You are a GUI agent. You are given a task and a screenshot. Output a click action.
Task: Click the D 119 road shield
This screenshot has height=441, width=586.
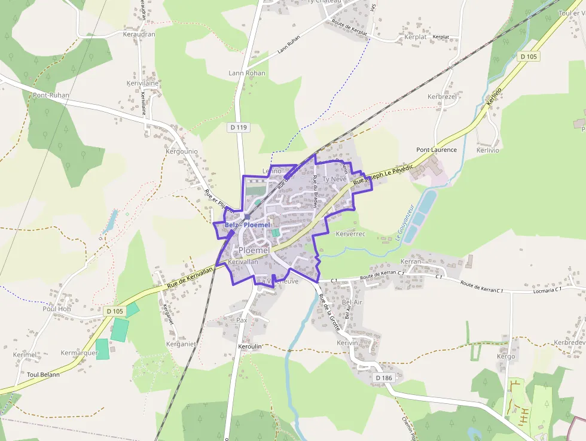pyautogui.click(x=238, y=127)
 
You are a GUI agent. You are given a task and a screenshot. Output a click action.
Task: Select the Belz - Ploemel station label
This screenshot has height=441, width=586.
pyautogui.click(x=248, y=225)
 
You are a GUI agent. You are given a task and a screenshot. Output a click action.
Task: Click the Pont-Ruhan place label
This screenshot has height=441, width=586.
pyautogui.click(x=51, y=95)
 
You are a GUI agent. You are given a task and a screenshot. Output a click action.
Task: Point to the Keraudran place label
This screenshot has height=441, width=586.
pyautogui.click(x=139, y=34)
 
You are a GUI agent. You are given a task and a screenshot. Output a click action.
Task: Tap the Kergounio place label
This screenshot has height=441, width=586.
pyautogui.click(x=181, y=152)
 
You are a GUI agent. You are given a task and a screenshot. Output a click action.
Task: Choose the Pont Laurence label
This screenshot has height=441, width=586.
pyautogui.click(x=437, y=150)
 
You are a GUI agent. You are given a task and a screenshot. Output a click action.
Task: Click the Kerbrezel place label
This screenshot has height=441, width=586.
pyautogui.click(x=442, y=96)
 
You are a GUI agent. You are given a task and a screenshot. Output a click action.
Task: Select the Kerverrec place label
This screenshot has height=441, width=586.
pyautogui.click(x=350, y=233)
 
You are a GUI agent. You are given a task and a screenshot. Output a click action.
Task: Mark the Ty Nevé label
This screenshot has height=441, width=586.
pyautogui.click(x=334, y=179)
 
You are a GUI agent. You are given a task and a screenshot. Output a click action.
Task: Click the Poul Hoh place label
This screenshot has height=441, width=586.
pyautogui.click(x=57, y=309)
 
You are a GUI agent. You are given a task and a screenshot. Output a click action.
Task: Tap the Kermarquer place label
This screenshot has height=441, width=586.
pyautogui.click(x=79, y=353)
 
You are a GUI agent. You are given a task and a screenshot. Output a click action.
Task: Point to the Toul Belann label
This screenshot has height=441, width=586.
pyautogui.click(x=44, y=375)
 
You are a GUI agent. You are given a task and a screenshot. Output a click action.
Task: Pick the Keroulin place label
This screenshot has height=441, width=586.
pyautogui.click(x=251, y=346)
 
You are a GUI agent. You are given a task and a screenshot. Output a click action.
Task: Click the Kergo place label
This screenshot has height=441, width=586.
pyautogui.click(x=506, y=357)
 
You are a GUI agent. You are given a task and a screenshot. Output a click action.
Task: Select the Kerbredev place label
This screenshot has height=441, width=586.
pyautogui.click(x=569, y=343)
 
